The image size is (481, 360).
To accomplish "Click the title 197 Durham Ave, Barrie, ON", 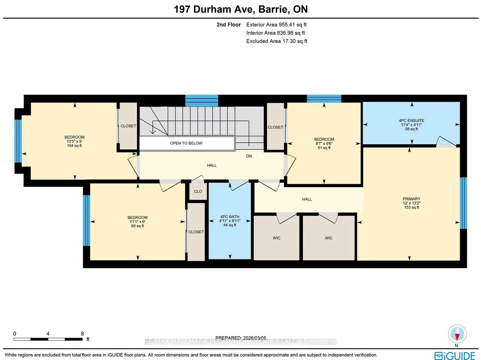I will tap(240, 9).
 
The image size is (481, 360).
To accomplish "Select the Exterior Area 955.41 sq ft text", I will tap(276, 25).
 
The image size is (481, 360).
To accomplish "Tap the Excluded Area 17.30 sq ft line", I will tap(277, 41).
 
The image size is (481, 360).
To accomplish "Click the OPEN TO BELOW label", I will tap(186, 143).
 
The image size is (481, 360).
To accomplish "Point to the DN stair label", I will tap(249, 156).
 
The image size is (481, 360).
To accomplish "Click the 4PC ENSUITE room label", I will tap(411, 121).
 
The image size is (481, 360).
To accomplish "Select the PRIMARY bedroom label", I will tap(411, 199).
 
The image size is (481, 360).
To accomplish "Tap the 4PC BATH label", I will tap(230, 217).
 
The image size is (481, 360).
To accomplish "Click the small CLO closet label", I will tap(198, 191).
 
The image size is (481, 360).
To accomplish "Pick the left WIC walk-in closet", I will tap(276, 238).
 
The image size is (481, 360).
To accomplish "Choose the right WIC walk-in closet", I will tap(329, 238).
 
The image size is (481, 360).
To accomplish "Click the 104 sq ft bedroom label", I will tap(74, 141).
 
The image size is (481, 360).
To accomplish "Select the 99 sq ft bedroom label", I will tap(137, 222).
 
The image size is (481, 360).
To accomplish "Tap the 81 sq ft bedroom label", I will tap(324, 144).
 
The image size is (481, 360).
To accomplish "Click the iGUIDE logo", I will tap(455, 356).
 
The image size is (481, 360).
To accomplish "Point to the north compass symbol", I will tap(457, 334).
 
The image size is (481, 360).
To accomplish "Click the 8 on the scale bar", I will tap(82, 334).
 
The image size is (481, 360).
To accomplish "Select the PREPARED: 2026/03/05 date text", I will tap(240, 338).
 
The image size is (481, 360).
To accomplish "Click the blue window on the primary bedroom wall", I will tap(463, 203).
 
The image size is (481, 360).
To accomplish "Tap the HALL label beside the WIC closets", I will tap(307, 199).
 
